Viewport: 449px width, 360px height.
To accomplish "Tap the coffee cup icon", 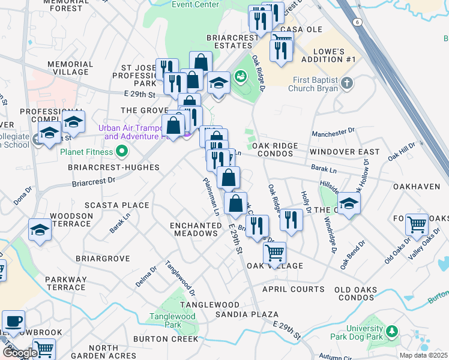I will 13,320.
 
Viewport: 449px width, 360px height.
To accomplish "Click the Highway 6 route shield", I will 358,22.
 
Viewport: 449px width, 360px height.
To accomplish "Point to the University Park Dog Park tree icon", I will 391,331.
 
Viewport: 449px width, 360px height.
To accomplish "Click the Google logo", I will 19,353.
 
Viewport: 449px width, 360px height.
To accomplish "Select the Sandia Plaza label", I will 246,314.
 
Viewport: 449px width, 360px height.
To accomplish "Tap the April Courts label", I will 294,289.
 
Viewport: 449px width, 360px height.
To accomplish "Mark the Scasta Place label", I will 116,205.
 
